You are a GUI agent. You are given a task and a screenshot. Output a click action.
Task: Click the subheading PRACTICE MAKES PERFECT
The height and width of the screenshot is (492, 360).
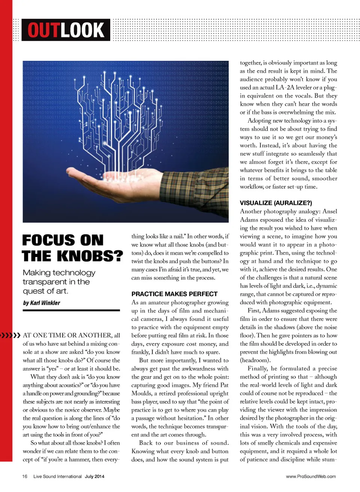point(174,294)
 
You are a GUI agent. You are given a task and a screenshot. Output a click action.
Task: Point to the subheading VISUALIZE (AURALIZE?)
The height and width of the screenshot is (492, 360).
point(276,203)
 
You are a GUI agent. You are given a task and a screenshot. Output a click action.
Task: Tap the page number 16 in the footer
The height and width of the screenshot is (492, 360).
point(25,476)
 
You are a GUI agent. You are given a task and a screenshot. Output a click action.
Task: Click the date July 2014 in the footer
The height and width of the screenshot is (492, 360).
point(94,476)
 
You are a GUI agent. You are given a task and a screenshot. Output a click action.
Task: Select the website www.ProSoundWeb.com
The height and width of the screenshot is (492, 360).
point(311,476)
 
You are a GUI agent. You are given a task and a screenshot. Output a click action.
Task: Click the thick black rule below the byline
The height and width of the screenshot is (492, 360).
point(71,310)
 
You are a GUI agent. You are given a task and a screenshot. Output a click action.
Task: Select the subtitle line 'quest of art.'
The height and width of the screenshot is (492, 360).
point(45,291)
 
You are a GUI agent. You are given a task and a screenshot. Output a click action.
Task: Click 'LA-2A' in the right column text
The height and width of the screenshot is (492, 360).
point(285,87)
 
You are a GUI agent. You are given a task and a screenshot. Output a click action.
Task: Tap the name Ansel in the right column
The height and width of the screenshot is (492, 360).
point(330,211)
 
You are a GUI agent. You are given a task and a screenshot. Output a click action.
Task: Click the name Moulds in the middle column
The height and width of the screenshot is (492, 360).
point(141,393)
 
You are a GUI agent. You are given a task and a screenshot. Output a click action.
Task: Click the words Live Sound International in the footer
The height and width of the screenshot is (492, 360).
point(57,476)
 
